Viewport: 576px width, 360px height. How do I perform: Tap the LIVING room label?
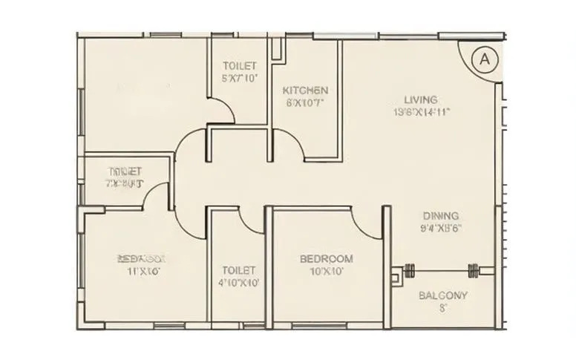(421, 99)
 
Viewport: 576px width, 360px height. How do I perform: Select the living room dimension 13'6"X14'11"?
(422, 112)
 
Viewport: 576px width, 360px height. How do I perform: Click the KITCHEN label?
(305, 91)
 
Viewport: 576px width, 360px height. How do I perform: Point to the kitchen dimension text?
(304, 103)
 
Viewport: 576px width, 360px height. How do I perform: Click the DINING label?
(441, 215)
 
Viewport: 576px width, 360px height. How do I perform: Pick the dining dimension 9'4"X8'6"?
(441, 228)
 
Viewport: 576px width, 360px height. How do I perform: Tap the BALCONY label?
(442, 295)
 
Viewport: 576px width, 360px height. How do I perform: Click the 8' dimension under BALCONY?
(442, 307)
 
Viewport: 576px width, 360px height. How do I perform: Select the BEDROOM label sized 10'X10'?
(326, 259)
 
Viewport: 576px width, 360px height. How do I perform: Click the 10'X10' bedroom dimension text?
(326, 271)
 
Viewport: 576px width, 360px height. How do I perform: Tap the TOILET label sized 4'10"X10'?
(239, 270)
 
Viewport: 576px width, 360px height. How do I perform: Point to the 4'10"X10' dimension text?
(239, 283)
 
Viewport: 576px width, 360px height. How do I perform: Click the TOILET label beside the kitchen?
(239, 66)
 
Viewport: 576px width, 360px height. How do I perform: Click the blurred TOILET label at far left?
(125, 171)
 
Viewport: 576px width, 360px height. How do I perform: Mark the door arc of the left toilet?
(156, 194)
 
